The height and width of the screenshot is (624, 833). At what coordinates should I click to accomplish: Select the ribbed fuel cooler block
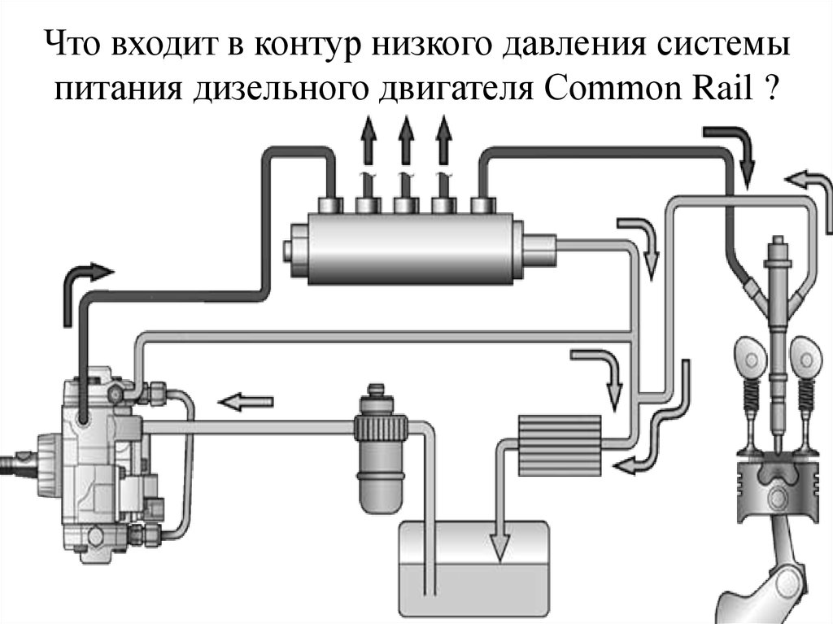tap(559, 443)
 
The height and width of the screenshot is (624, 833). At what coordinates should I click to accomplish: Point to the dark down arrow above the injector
tap(733, 151)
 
